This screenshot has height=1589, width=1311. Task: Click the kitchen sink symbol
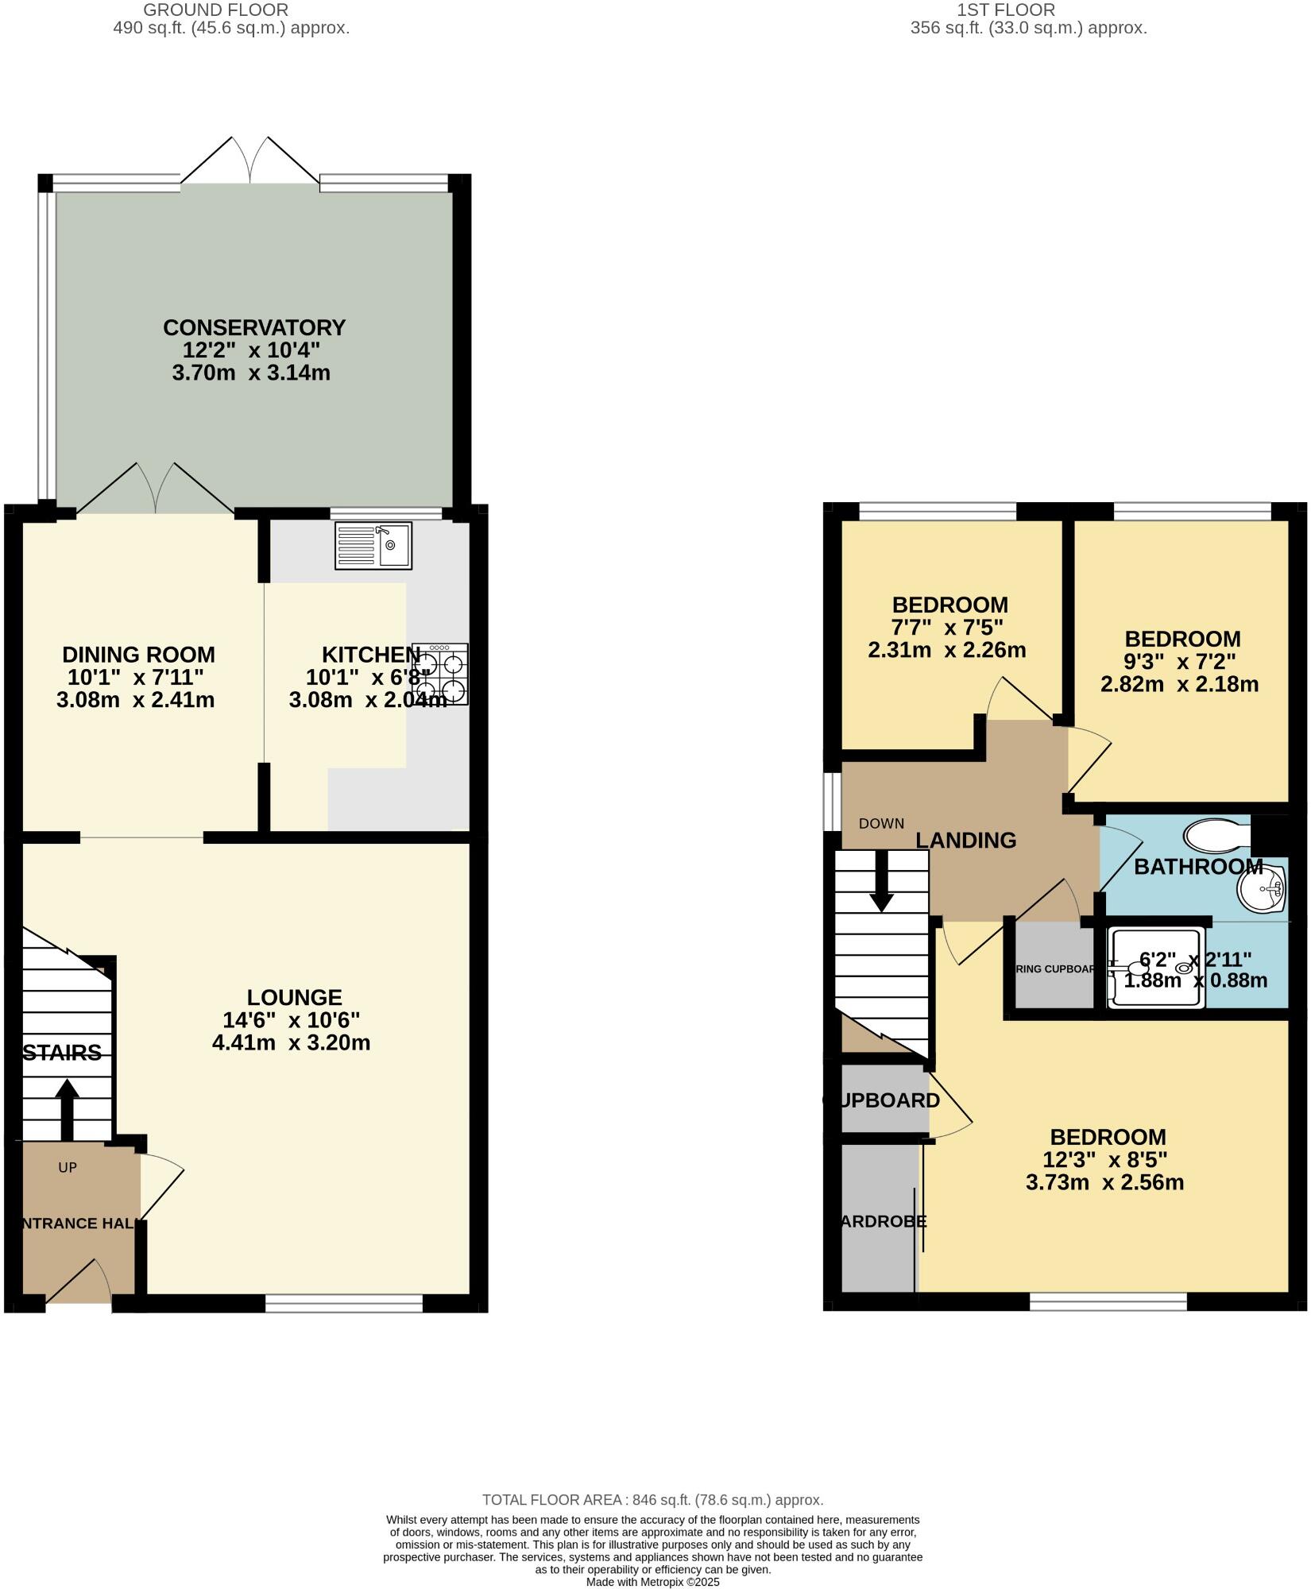point(373,545)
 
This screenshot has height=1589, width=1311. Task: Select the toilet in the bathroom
point(1216,835)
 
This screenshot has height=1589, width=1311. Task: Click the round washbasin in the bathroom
point(1262,886)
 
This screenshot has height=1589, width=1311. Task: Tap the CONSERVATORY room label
point(254,327)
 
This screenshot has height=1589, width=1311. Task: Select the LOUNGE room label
point(294,997)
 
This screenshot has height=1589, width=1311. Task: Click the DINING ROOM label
point(138,655)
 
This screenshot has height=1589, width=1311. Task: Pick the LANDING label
point(965,840)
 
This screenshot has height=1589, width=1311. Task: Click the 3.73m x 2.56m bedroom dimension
point(1104,1182)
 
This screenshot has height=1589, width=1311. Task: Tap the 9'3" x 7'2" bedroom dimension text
point(1180,661)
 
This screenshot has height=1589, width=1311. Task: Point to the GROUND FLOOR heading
point(215,10)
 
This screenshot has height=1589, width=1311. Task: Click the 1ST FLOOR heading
point(1006,10)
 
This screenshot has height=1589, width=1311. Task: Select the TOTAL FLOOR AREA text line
point(652,1499)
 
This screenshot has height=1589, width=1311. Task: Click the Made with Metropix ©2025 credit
point(652,1582)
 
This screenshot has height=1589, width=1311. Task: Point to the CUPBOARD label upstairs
point(881,1100)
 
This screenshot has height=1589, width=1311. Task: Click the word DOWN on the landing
point(881,823)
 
